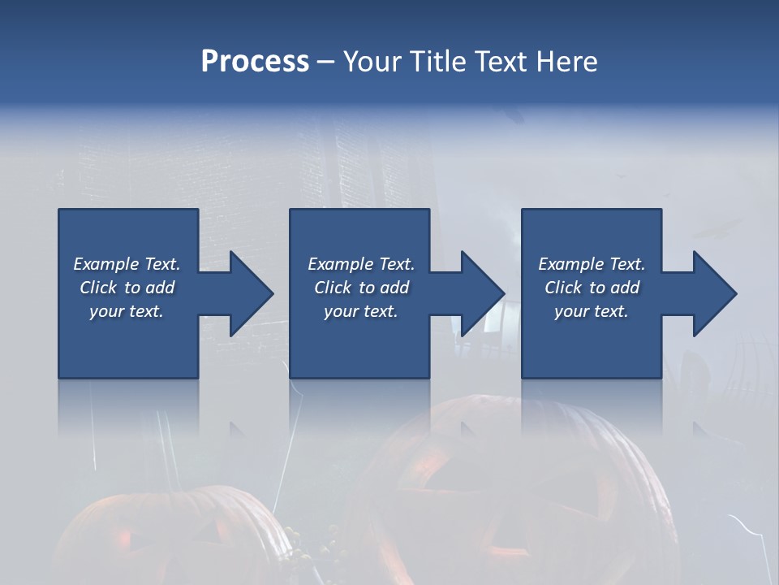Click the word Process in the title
[x=255, y=62]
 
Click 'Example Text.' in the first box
[x=127, y=264]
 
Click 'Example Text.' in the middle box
[x=361, y=264]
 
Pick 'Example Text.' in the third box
[x=592, y=264]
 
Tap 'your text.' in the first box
[x=127, y=312]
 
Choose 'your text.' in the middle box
[x=361, y=312]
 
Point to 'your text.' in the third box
[x=592, y=312]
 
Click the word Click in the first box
[x=98, y=288]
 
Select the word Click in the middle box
[x=333, y=288]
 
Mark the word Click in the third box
[x=563, y=288]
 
